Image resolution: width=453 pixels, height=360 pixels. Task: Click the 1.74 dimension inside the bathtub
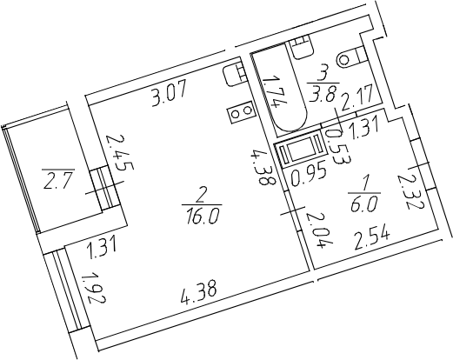coord(274,90)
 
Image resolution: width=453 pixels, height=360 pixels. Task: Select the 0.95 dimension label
coord(310,176)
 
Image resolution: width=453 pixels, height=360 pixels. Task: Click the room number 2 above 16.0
coord(200,197)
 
